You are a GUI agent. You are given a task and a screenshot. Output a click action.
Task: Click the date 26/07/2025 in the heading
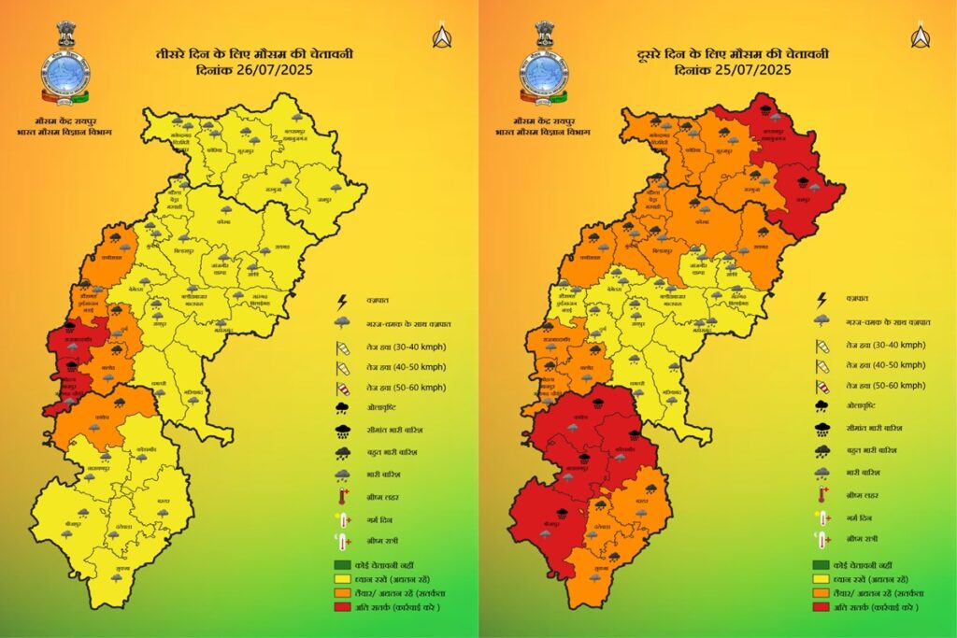(278, 70)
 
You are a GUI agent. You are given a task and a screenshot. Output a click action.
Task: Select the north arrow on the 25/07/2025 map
(920, 36)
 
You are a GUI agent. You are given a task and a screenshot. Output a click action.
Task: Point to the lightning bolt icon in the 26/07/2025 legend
(343, 300)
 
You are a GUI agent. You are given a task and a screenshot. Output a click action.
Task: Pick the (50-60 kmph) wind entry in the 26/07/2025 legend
(406, 387)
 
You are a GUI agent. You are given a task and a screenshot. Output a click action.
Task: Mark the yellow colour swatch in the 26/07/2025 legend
(343, 578)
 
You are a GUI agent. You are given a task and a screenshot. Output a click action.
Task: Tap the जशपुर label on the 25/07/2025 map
(802, 199)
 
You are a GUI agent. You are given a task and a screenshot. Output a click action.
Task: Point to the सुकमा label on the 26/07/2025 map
(116, 567)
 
